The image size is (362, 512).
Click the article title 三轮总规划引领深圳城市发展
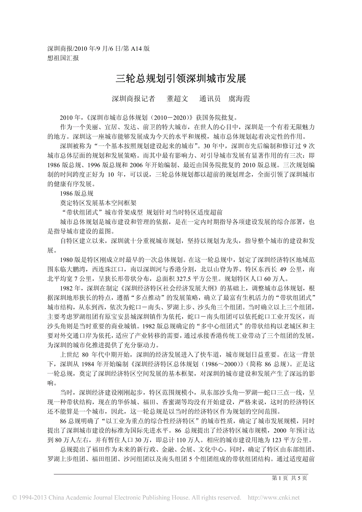click(x=181, y=79)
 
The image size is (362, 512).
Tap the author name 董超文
click(x=177, y=99)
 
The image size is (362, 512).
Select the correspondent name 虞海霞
click(x=239, y=99)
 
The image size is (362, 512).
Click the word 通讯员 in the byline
click(x=210, y=99)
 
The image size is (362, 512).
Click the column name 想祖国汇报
click(x=63, y=58)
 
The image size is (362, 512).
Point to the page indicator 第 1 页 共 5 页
click(x=289, y=478)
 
